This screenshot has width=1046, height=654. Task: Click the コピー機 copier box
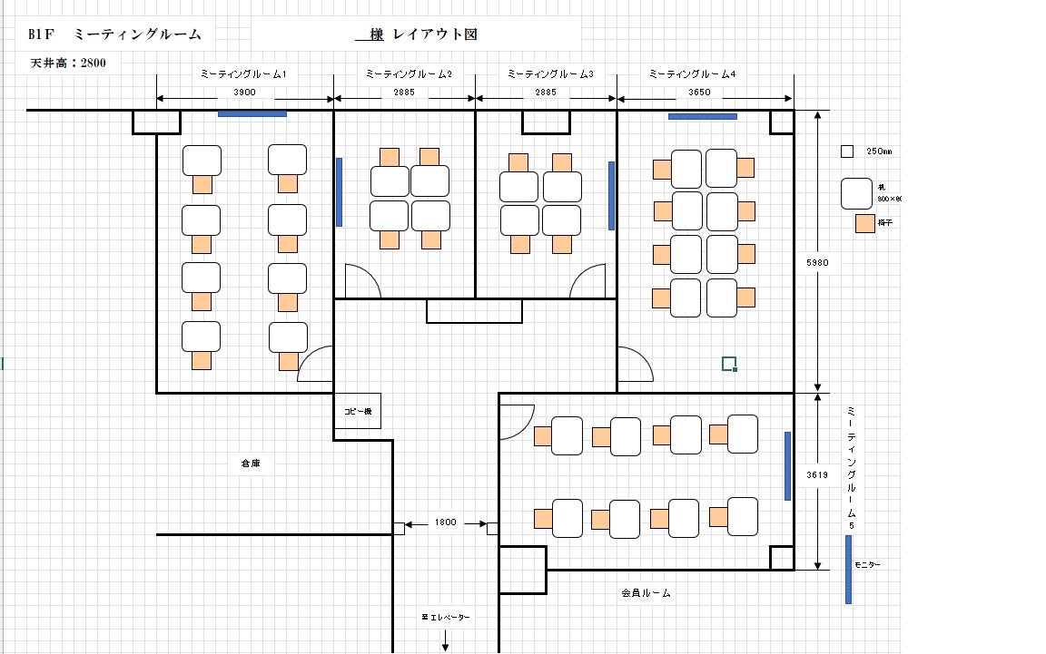(357, 411)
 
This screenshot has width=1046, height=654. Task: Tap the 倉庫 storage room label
(251, 464)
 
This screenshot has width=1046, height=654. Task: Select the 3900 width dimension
(244, 92)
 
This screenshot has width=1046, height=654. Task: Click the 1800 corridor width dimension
(445, 522)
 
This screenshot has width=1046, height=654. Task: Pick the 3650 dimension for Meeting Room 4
(700, 92)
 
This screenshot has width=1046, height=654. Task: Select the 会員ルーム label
(646, 593)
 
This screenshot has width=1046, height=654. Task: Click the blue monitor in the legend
(848, 569)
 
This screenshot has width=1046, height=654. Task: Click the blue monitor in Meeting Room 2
(340, 191)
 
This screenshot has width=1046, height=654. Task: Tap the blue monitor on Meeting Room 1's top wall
(252, 114)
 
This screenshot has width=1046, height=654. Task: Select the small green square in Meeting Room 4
(728, 364)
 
